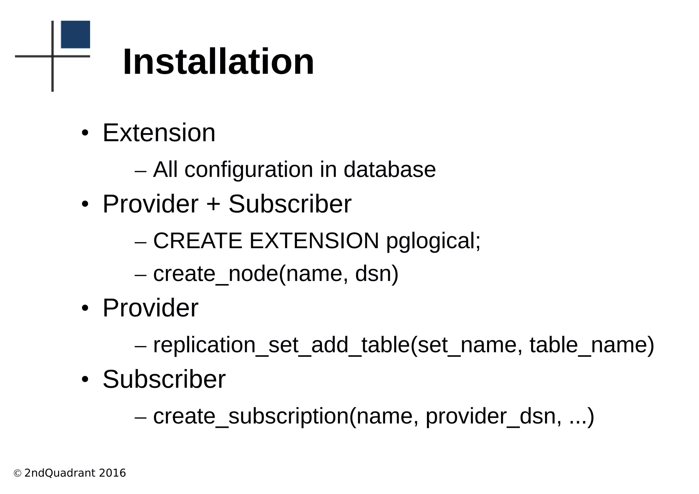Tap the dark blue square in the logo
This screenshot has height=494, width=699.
(75, 34)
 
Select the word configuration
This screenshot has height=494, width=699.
(249, 170)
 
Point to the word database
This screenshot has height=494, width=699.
(389, 170)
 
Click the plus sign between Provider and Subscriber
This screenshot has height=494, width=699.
(213, 204)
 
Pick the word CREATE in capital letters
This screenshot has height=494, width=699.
(198, 241)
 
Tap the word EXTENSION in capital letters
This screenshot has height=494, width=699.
(314, 241)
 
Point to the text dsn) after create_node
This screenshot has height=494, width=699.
(377, 274)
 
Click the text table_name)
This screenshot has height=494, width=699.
(592, 345)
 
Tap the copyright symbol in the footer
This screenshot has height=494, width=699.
(17, 474)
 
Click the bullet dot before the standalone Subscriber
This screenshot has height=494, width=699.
(85, 379)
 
